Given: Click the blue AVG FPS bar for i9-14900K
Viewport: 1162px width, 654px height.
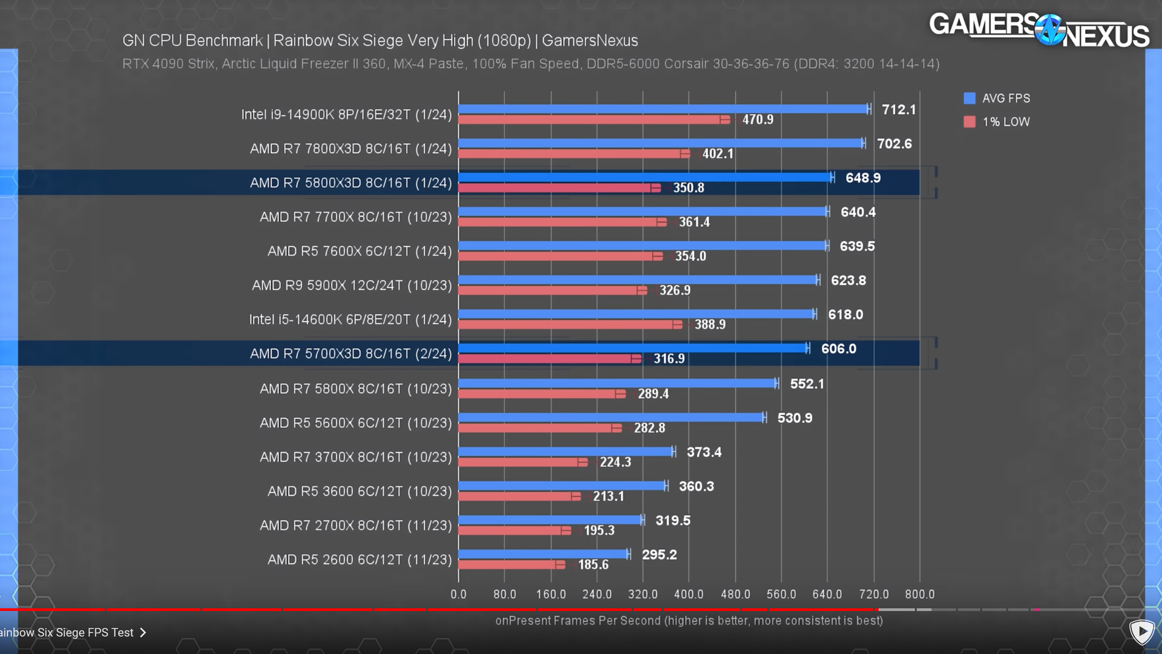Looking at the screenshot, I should point(663,109).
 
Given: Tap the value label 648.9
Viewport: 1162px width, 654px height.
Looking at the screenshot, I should point(863,178).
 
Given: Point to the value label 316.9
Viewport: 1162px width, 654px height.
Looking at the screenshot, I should point(669,358).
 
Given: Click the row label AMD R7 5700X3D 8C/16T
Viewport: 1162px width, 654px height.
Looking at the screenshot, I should point(350,353).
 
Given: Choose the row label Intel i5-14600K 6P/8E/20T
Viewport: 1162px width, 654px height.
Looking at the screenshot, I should point(350,319).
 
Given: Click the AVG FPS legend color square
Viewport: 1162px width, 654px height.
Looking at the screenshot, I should point(970,99).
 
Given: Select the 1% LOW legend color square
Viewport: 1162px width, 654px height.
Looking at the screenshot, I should point(970,122).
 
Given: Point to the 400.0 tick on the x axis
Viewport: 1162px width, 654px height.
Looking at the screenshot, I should point(688,594).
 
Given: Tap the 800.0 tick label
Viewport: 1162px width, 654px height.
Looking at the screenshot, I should point(919,594).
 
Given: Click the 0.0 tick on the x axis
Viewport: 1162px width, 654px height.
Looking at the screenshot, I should point(458,594).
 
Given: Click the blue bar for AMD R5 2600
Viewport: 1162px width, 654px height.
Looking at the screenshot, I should point(543,554).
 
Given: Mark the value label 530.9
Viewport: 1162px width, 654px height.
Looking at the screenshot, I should point(795,418).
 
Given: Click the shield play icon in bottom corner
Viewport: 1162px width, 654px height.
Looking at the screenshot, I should point(1142,632).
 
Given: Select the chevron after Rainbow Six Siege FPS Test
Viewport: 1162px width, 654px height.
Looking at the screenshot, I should point(143,632).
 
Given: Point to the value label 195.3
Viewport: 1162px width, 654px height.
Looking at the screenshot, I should point(598,530).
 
